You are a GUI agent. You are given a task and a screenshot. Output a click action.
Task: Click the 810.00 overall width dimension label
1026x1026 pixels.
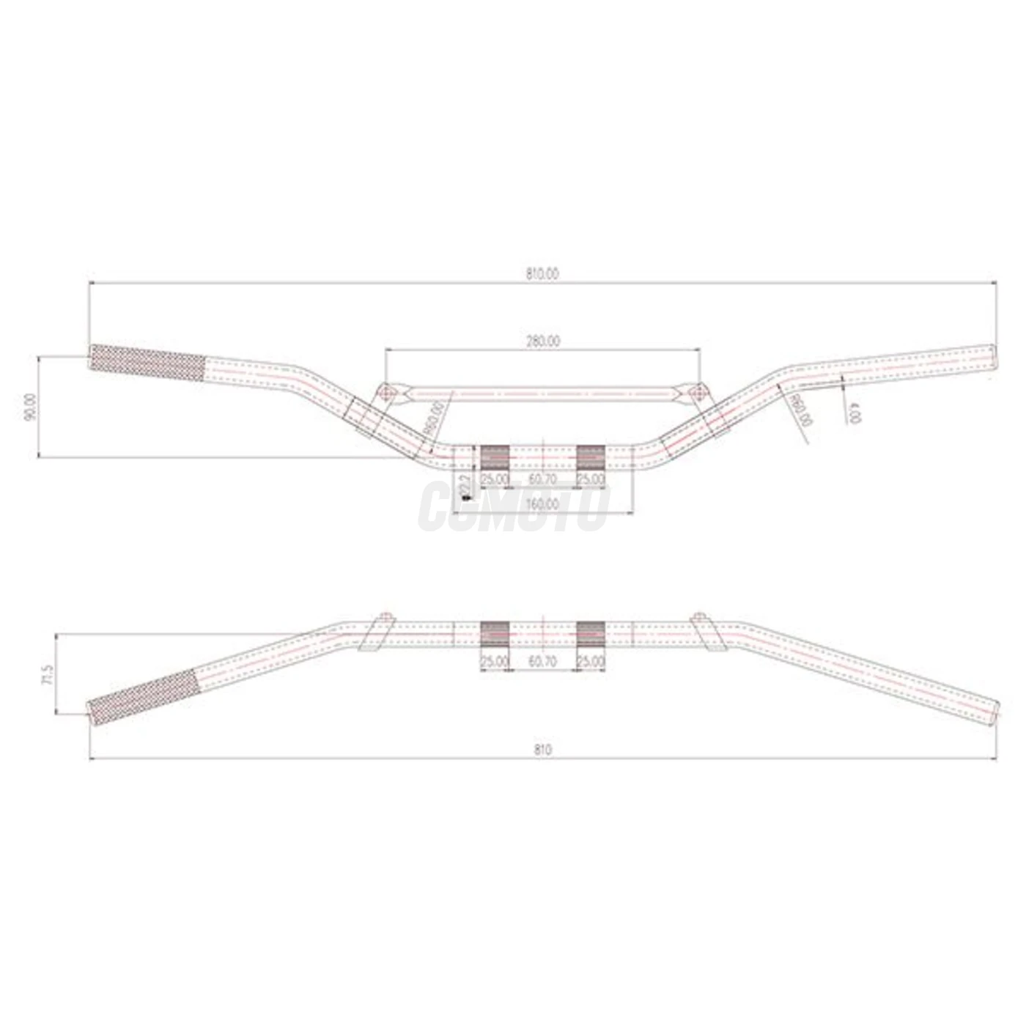tap(542, 274)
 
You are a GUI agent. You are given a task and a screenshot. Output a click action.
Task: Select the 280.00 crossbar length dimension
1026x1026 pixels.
tap(542, 341)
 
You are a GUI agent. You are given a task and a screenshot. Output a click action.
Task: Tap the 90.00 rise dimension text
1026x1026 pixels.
tap(30, 406)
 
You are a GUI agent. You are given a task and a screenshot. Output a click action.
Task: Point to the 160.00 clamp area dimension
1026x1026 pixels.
tap(542, 504)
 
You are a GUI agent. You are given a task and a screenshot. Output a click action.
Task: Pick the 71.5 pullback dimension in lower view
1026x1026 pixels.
tap(48, 674)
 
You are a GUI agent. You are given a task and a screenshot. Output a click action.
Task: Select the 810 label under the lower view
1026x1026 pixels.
tap(542, 750)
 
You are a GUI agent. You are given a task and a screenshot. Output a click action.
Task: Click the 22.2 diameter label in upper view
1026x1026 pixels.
tap(462, 486)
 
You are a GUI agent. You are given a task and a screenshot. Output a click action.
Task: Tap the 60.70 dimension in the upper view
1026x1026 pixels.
tap(542, 479)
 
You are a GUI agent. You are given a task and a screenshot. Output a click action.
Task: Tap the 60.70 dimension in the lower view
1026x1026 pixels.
tap(542, 661)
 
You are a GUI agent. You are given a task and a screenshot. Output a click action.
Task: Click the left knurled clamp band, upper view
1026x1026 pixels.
tap(495, 457)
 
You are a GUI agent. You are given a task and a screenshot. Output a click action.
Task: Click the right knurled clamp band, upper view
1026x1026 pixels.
tap(591, 457)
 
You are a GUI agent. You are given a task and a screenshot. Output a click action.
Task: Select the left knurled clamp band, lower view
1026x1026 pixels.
tap(495, 634)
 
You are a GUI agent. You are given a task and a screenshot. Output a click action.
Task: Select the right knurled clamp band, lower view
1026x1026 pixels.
tap(591, 634)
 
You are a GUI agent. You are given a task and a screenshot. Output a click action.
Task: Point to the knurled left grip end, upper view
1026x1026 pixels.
tap(147, 363)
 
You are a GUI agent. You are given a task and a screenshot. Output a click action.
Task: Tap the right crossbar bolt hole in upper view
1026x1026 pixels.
tap(698, 394)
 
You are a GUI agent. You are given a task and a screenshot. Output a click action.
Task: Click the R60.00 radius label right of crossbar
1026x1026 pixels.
tap(801, 410)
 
